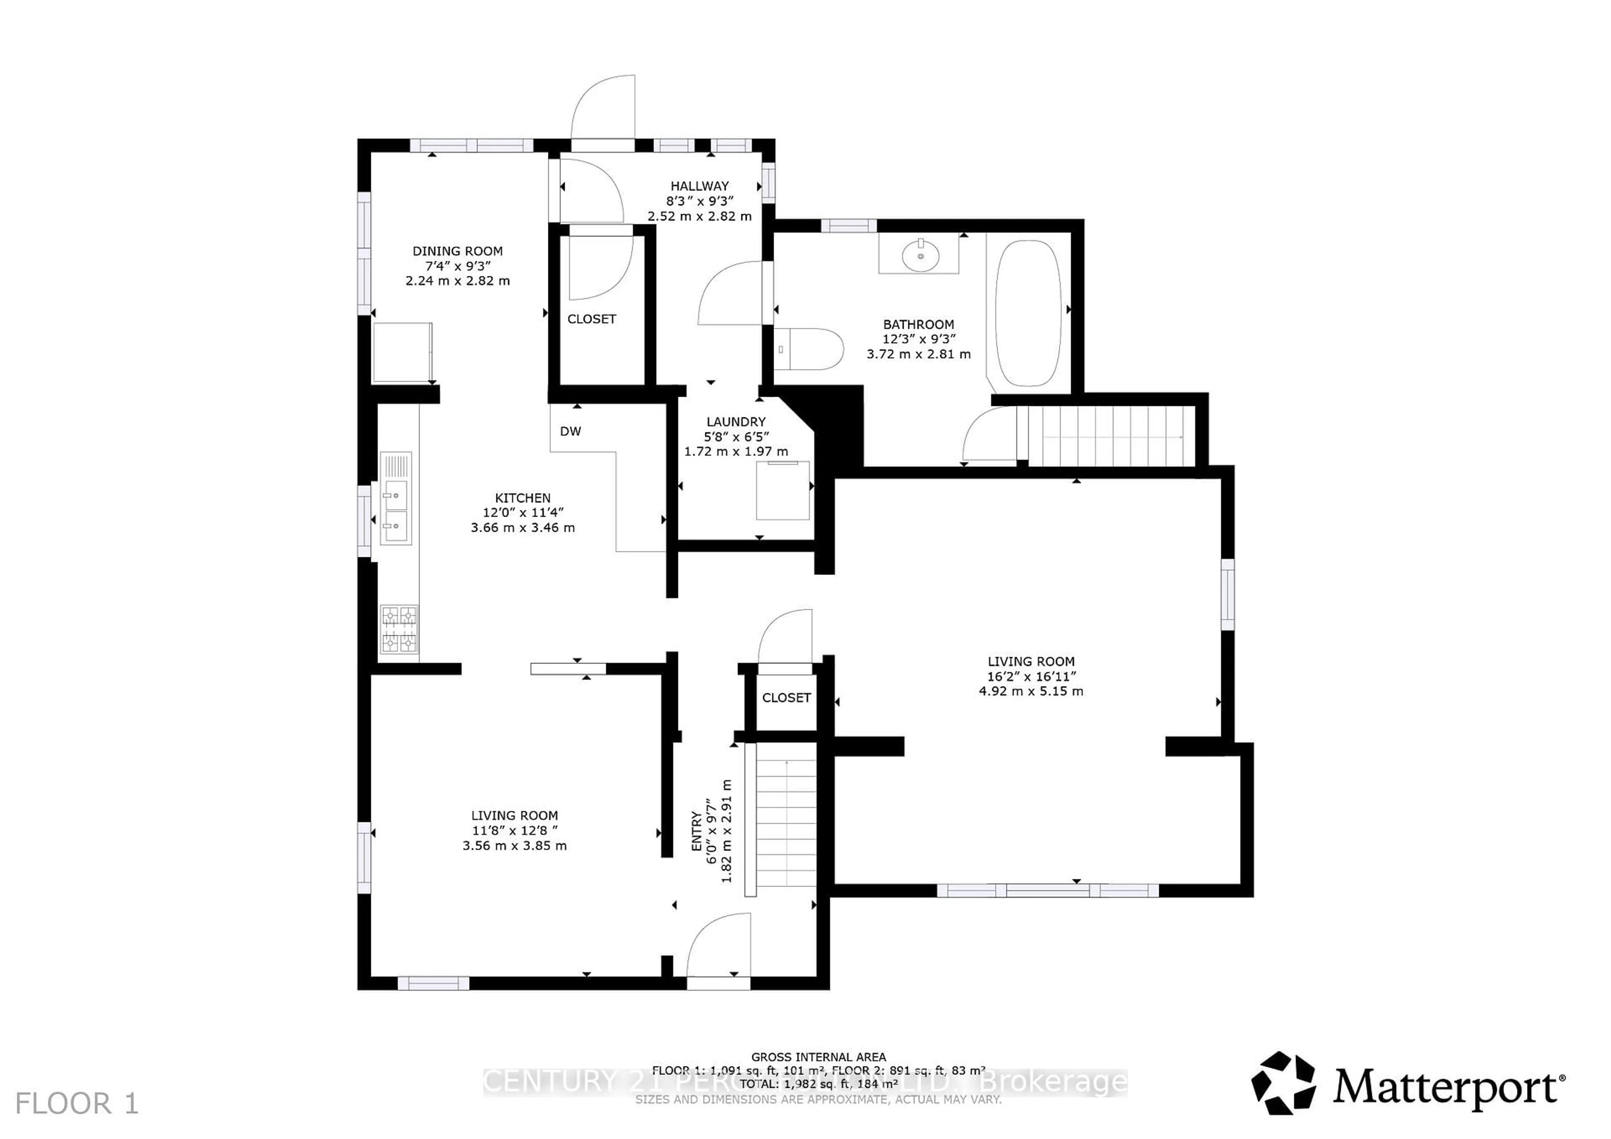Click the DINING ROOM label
pyautogui.click(x=457, y=251)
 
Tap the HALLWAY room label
pyautogui.click(x=699, y=186)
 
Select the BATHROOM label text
pyautogui.click(x=918, y=325)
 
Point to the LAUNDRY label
pyautogui.click(x=736, y=421)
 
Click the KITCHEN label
pyautogui.click(x=523, y=498)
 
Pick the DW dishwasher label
pyautogui.click(x=571, y=432)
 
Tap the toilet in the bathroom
pyautogui.click(x=811, y=348)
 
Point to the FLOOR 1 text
pyautogui.click(x=77, y=1104)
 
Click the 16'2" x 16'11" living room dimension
pyautogui.click(x=1031, y=676)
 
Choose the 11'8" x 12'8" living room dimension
pyautogui.click(x=514, y=830)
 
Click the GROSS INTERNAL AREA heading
pyautogui.click(x=818, y=1056)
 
